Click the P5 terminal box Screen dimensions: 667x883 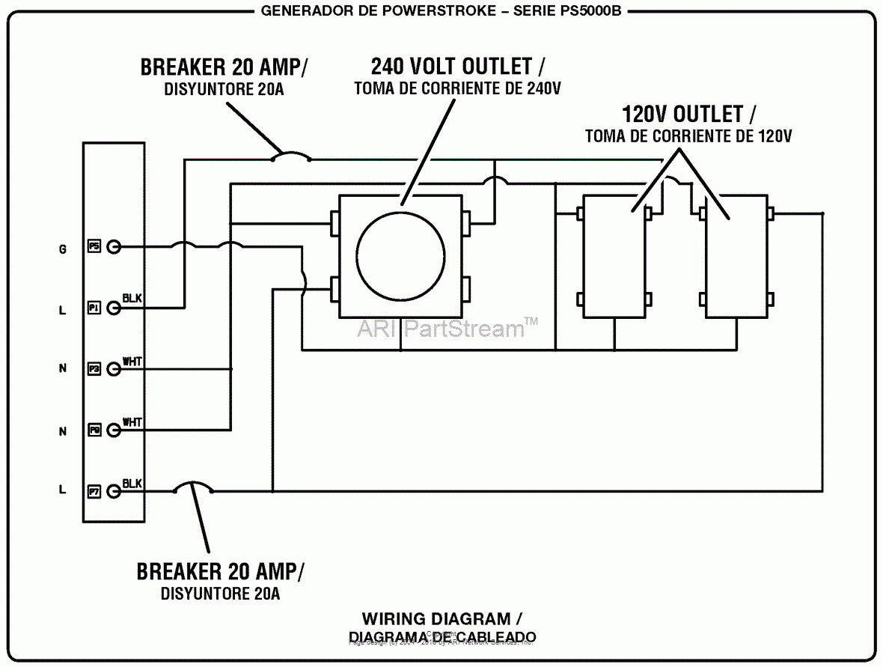94,246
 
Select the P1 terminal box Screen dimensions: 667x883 94,307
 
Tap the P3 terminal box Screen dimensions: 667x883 94,368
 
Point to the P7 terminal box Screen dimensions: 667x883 94,491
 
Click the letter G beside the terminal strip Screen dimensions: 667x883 63,249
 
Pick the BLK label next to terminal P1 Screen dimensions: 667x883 132,299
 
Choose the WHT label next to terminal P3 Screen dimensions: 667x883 132,362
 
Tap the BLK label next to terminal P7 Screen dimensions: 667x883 132,483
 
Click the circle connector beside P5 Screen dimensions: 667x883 113,246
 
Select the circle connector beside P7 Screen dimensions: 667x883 113,491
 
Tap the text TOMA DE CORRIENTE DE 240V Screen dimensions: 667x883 456,88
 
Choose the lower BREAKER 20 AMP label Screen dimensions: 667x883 219,571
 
